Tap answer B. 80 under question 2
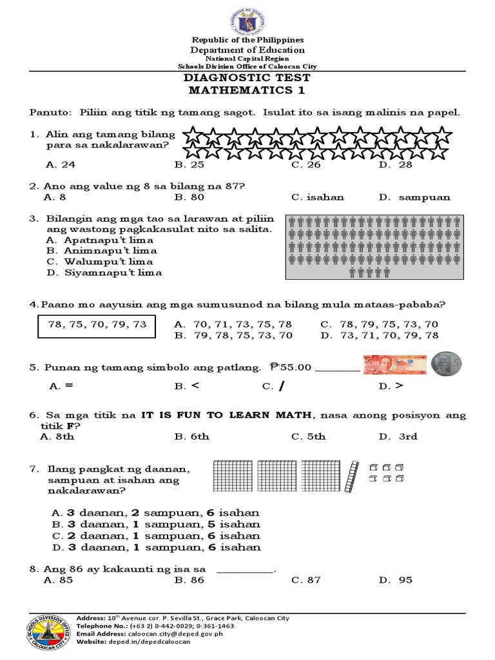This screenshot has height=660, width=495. [x=189, y=197]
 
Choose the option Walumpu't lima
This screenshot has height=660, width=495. [x=100, y=262]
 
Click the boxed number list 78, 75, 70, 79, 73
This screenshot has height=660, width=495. [x=97, y=325]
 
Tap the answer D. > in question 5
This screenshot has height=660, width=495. [x=391, y=387]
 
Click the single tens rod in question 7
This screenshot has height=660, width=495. [x=351, y=477]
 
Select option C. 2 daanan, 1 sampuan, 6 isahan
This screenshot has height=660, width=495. [x=156, y=536]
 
